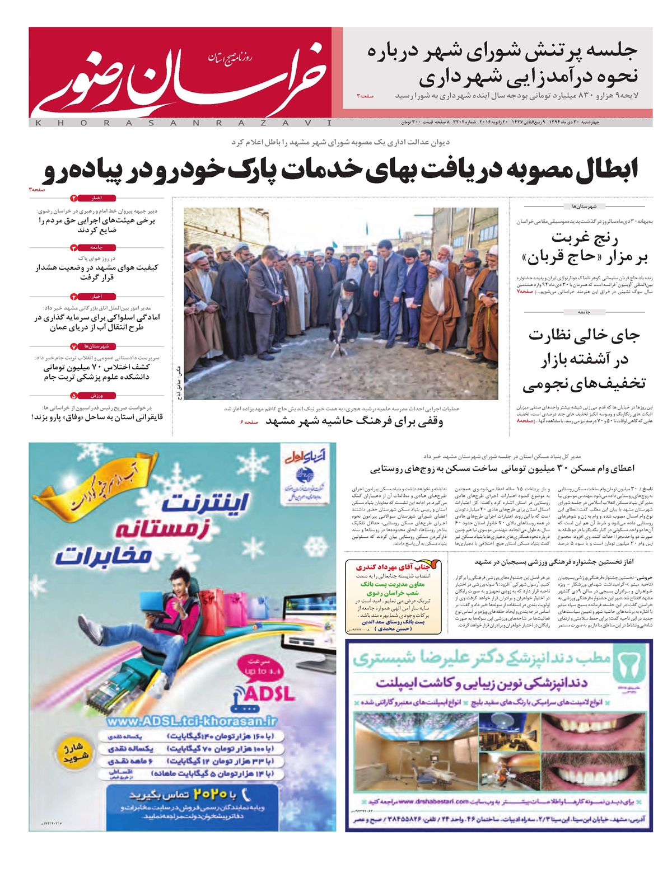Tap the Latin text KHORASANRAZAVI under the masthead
pyautogui.click(x=182, y=123)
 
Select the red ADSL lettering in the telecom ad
pyautogui.click(x=269, y=694)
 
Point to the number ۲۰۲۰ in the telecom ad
pyautogui.click(x=210, y=794)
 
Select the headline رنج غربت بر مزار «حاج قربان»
pyautogui.click(x=585, y=248)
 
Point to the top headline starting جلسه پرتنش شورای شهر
pyautogui.click(x=502, y=63)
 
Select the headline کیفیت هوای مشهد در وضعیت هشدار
pyautogui.click(x=96, y=272)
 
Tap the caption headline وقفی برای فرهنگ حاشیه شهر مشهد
pyautogui.click(x=354, y=421)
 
